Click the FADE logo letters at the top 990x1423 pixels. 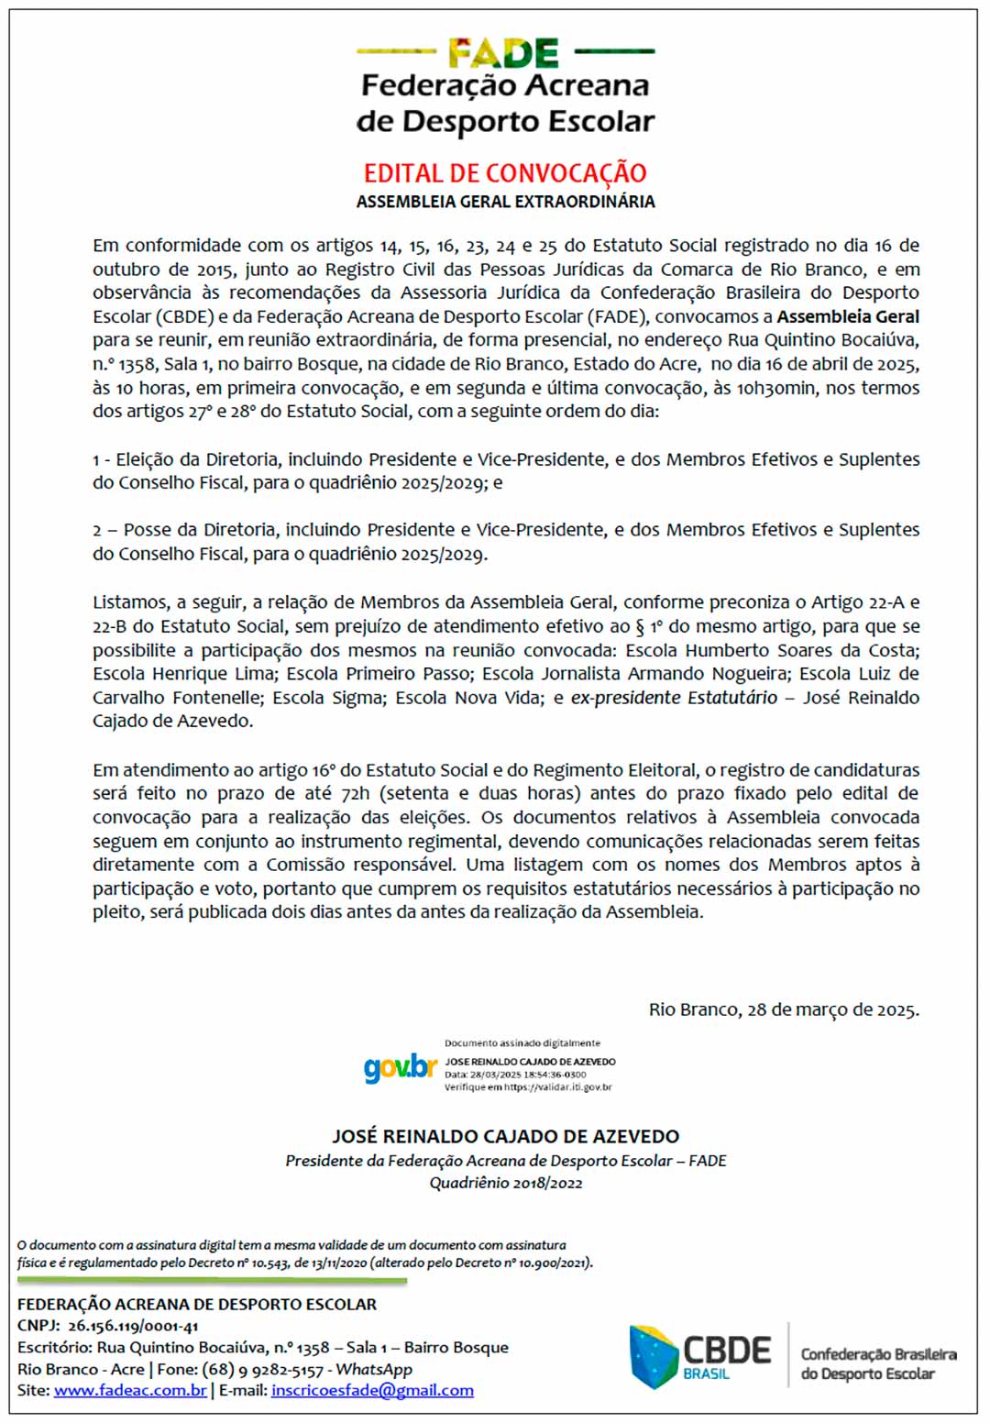pyautogui.click(x=503, y=53)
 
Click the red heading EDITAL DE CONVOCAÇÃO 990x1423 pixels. pyautogui.click(x=505, y=172)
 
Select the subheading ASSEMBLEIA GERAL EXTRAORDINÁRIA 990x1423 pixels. pyautogui.click(x=505, y=202)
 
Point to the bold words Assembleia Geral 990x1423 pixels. pyautogui.click(x=848, y=316)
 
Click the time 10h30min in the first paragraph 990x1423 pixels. pyautogui.click(x=775, y=388)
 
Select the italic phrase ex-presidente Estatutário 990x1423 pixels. pyautogui.click(x=674, y=698)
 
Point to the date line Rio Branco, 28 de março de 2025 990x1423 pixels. pyautogui.click(x=784, y=1009)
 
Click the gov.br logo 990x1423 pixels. pyautogui.click(x=400, y=1067)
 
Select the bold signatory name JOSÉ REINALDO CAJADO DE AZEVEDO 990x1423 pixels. pyautogui.click(x=505, y=1136)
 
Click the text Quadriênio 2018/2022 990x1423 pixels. pyautogui.click(x=506, y=1183)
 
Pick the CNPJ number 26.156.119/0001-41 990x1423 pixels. pyautogui.click(x=133, y=1326)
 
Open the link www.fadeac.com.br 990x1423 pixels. pyautogui.click(x=130, y=1391)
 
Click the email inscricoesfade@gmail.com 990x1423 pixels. pyautogui.click(x=372, y=1391)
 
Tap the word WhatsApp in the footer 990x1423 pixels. pyautogui.click(x=374, y=1369)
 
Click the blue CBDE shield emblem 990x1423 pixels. pyautogui.click(x=654, y=1356)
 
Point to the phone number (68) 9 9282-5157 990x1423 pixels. pyautogui.click(x=259, y=1369)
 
